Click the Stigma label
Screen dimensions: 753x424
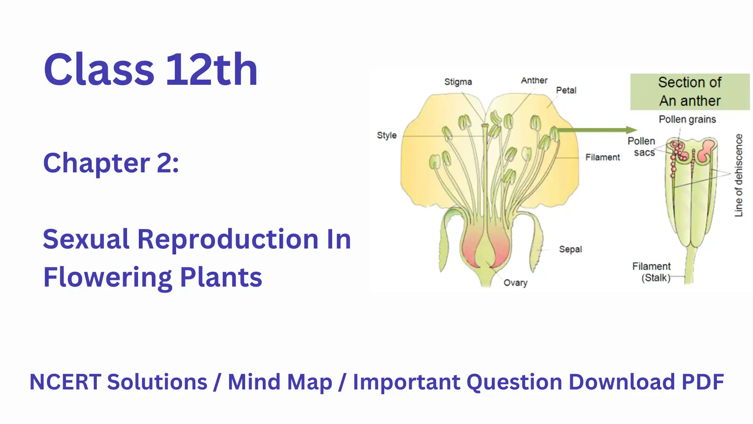click(458, 82)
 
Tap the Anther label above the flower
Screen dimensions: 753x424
click(534, 80)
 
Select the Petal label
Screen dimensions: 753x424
click(566, 90)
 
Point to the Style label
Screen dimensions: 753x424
click(387, 135)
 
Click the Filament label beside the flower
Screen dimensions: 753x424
click(603, 157)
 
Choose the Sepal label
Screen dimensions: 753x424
click(570, 249)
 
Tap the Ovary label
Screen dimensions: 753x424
click(515, 283)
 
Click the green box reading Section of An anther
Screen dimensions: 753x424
click(690, 92)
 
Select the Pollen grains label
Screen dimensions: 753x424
click(687, 119)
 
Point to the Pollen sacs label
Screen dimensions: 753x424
click(642, 147)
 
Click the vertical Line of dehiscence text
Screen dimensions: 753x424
click(739, 175)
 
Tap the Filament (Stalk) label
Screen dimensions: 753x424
click(651, 272)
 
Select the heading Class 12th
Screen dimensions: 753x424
click(151, 69)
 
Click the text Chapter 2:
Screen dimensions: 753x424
click(111, 163)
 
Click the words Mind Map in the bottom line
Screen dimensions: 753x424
click(280, 382)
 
